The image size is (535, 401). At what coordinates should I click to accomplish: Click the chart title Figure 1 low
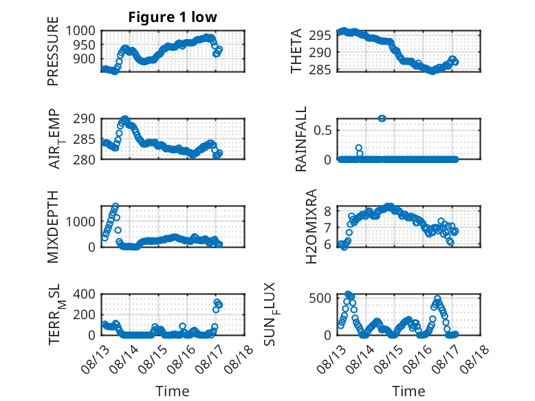pos(173,17)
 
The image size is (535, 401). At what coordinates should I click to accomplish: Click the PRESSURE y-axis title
pos(53,51)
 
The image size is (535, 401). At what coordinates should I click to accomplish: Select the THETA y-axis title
pos(296,51)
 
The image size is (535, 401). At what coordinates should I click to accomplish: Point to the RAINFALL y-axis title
pos(301,139)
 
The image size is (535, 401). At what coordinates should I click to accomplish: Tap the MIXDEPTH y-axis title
pos(53,227)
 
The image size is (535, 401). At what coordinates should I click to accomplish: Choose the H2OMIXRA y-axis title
pos(312,226)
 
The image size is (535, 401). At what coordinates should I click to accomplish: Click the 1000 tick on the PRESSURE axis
pos(80,31)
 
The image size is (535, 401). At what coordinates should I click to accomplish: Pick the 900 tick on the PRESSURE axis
pos(85,59)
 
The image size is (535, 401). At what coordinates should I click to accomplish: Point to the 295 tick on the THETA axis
pos(320,35)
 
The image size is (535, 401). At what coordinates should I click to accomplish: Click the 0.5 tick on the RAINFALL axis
pos(323,131)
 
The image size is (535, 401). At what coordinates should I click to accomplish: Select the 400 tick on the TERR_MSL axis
pos(85,294)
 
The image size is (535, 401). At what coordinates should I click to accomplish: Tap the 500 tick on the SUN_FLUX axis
pos(320,298)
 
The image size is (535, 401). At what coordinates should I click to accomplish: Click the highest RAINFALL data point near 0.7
pos(382,118)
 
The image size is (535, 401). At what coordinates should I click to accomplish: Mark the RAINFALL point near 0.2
pos(358,148)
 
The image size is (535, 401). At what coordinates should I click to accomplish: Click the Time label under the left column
pos(173,391)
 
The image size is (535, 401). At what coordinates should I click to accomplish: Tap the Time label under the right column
pos(408,391)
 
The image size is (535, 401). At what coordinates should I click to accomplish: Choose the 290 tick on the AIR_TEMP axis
pos(85,119)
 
